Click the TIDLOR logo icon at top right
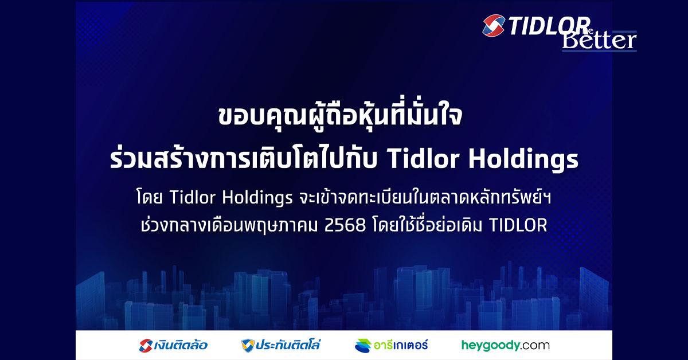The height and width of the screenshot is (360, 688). [493, 25]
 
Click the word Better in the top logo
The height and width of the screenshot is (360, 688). [599, 40]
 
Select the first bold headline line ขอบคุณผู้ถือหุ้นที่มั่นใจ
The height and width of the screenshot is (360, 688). [344, 119]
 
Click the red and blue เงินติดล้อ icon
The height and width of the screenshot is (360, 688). [146, 345]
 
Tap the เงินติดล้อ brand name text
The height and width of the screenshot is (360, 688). [182, 345]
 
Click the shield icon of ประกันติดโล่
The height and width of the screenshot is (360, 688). [248, 345]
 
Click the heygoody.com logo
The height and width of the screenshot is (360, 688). [505, 345]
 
